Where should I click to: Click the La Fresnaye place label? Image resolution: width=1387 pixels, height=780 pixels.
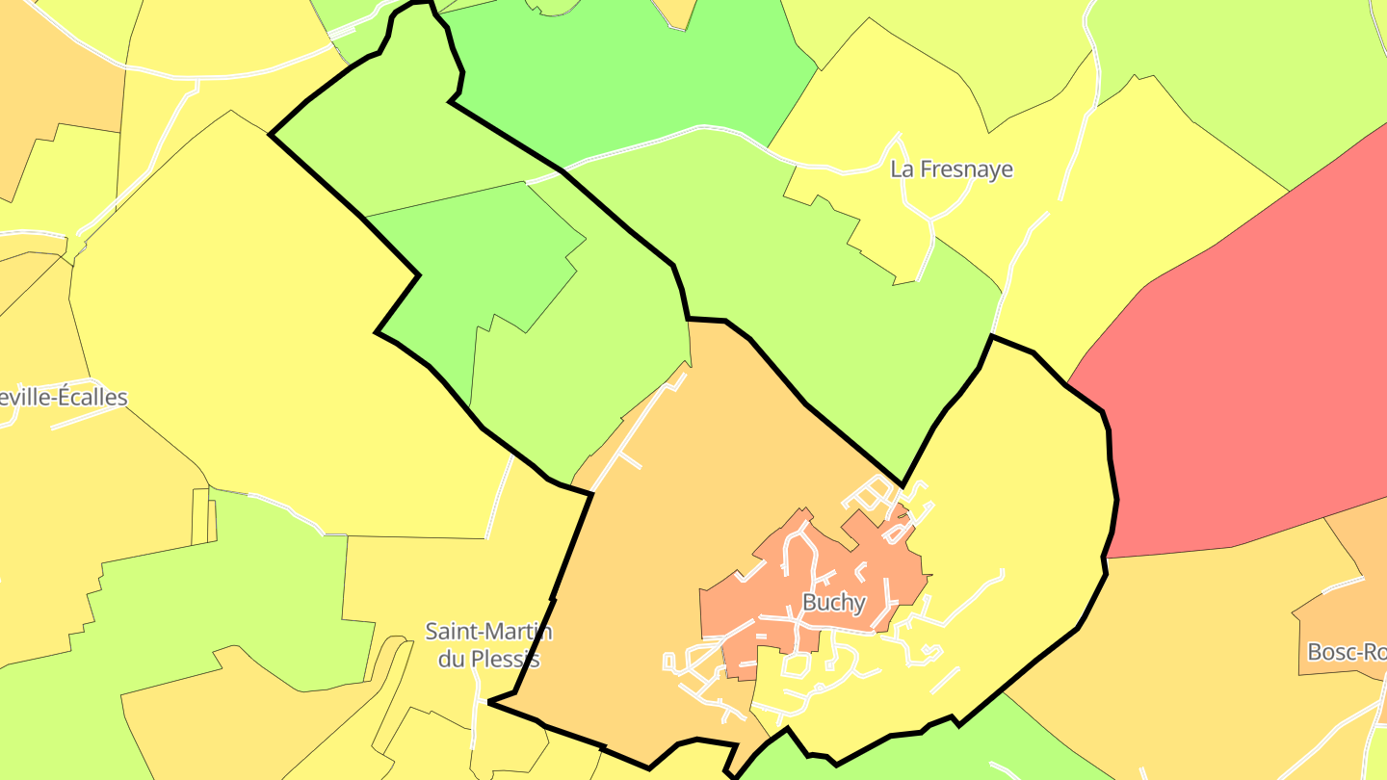952,169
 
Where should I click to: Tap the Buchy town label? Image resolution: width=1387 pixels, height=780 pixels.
833,603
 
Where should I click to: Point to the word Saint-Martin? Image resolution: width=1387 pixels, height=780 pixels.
489,632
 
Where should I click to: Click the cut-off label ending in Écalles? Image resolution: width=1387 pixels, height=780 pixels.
64,398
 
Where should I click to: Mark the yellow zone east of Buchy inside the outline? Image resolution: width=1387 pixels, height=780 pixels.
1021,501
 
